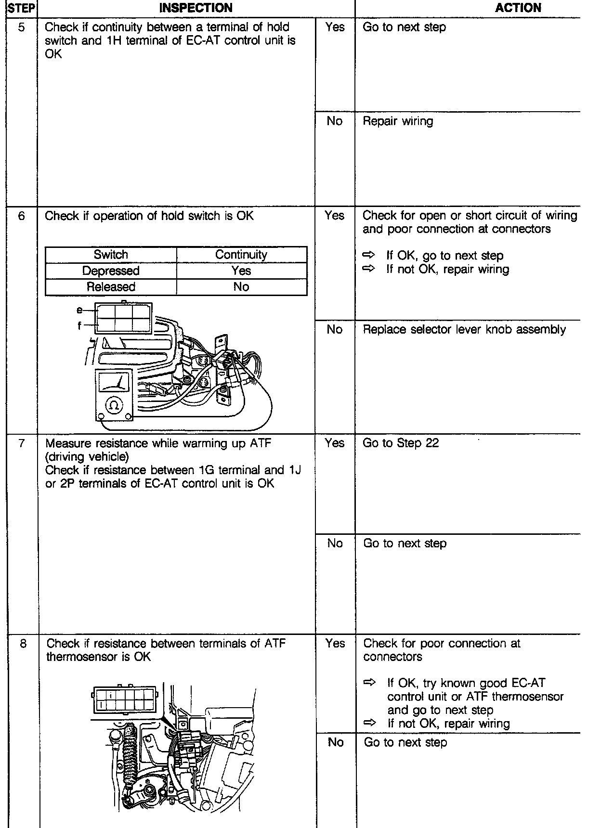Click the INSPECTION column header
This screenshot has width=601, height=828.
[196, 8]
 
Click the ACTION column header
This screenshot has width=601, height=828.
[518, 8]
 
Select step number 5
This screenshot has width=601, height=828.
[22, 27]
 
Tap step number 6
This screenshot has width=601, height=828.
[22, 216]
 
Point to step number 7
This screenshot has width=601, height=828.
[22, 443]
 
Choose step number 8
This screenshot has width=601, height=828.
[23, 644]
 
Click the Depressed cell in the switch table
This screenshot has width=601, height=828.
[111, 271]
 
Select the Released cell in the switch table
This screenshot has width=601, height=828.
[111, 287]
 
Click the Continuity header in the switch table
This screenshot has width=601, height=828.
[241, 255]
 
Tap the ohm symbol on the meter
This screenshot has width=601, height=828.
[114, 405]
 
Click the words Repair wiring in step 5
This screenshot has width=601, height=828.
[398, 121]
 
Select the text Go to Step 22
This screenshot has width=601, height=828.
[401, 443]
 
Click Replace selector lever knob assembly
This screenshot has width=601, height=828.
[464, 330]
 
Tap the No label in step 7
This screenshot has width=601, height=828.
[335, 543]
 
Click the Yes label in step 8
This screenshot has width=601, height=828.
[335, 644]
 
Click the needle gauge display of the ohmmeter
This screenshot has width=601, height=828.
[114, 383]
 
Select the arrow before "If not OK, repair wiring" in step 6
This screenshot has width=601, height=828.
[369, 269]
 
